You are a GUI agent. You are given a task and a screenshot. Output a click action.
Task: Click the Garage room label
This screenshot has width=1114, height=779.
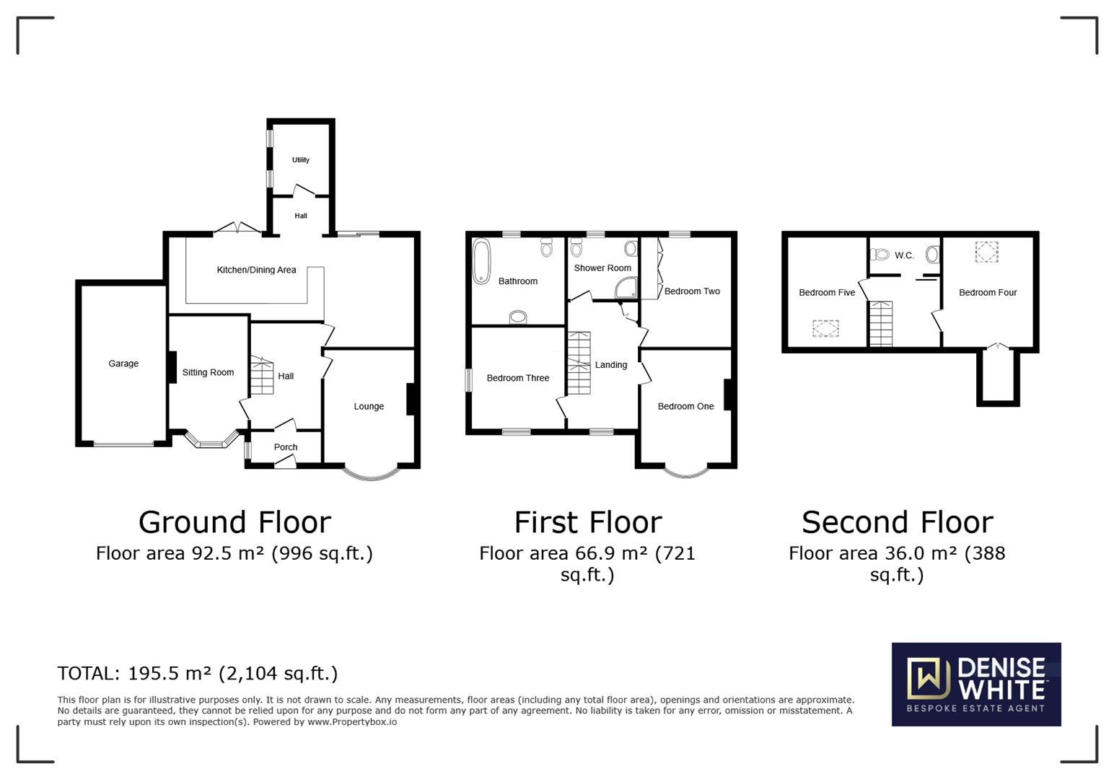pos(123,364)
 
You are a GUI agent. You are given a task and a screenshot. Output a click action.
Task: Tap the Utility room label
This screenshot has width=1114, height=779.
pos(301,160)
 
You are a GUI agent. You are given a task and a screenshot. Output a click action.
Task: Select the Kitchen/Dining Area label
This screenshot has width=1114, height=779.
pos(256,270)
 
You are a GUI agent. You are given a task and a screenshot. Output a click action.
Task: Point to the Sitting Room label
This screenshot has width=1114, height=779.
pos(208,372)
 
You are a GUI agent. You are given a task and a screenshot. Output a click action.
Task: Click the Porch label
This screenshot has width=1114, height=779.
pos(286,447)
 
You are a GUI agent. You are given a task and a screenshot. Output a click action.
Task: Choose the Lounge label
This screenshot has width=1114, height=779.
pos(369,406)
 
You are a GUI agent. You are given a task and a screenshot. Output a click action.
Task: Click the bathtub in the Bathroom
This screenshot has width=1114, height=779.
pos(481,261)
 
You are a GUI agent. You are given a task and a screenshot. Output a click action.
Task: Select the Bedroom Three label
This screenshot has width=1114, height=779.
pos(518,378)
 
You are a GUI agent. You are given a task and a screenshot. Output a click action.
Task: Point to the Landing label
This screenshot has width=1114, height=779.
pos(611,365)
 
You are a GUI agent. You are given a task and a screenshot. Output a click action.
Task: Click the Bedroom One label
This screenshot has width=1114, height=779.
pos(685,406)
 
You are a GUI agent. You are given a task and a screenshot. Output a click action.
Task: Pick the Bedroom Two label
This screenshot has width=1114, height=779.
pos(692,291)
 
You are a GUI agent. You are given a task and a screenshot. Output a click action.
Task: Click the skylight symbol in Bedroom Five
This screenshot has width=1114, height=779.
pos(826,329)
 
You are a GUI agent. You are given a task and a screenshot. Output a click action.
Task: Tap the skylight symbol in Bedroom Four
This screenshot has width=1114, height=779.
pos(987,252)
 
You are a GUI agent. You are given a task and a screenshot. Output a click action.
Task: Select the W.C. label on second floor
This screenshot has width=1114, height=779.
pos(904,255)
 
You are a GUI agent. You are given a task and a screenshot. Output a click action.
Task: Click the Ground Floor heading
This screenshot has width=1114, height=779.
pos(234,522)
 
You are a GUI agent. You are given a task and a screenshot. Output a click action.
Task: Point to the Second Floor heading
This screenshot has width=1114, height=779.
pos(897,522)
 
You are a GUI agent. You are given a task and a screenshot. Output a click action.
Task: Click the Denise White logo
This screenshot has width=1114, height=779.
pos(976,684)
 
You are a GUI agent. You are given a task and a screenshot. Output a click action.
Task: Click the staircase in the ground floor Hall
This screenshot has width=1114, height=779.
pos(263,376)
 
